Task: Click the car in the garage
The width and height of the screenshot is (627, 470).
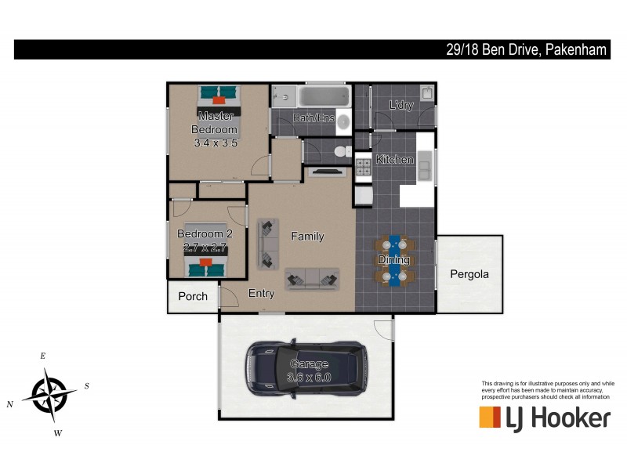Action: click(x=306, y=368)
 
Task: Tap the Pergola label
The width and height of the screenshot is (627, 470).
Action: click(x=469, y=274)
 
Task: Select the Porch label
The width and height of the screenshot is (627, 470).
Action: click(x=193, y=296)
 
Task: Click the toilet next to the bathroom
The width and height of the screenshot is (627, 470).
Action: click(x=339, y=151)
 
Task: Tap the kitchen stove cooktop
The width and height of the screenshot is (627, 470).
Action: click(x=363, y=167)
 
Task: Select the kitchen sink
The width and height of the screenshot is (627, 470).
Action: click(x=424, y=167)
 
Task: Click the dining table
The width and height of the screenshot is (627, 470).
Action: click(x=394, y=258)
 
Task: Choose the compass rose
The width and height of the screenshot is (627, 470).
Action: click(x=49, y=394)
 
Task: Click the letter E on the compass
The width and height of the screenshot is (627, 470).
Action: click(x=43, y=356)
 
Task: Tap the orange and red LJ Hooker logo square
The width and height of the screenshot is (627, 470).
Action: click(x=490, y=418)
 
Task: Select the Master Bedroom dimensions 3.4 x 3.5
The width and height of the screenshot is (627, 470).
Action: click(x=216, y=143)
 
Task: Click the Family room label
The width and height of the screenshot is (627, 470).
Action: click(x=307, y=236)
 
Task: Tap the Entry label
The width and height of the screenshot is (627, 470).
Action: click(x=261, y=294)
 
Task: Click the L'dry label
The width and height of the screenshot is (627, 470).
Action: click(x=400, y=105)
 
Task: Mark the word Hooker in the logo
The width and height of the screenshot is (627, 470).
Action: click(x=571, y=418)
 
